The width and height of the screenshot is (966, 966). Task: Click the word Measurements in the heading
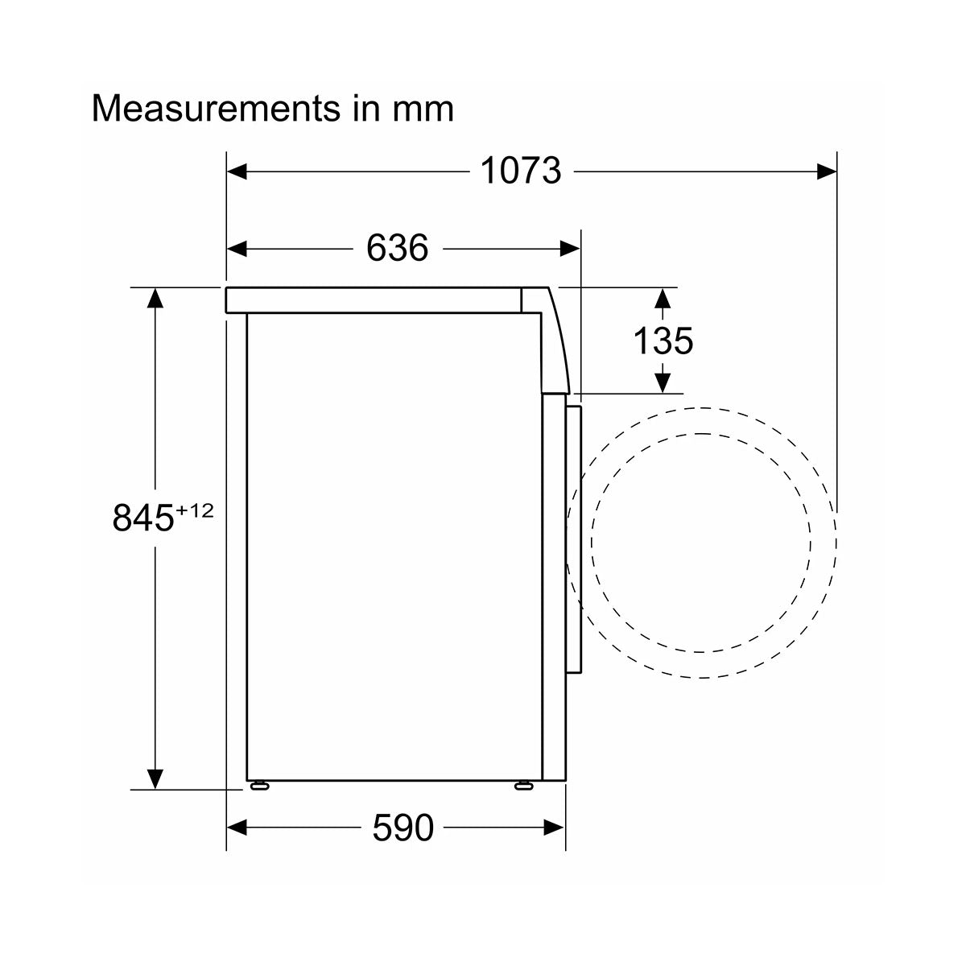[x=216, y=109]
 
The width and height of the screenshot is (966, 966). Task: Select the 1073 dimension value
[x=521, y=171]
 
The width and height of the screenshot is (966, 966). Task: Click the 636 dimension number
[x=398, y=248]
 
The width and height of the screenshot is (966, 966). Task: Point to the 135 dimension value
[x=663, y=341]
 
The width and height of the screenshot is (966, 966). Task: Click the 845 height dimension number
[x=142, y=518]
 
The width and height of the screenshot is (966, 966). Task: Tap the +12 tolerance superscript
[x=195, y=511]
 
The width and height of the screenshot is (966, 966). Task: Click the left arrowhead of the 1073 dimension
[x=237, y=171]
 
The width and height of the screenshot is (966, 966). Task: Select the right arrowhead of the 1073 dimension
[x=827, y=171]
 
